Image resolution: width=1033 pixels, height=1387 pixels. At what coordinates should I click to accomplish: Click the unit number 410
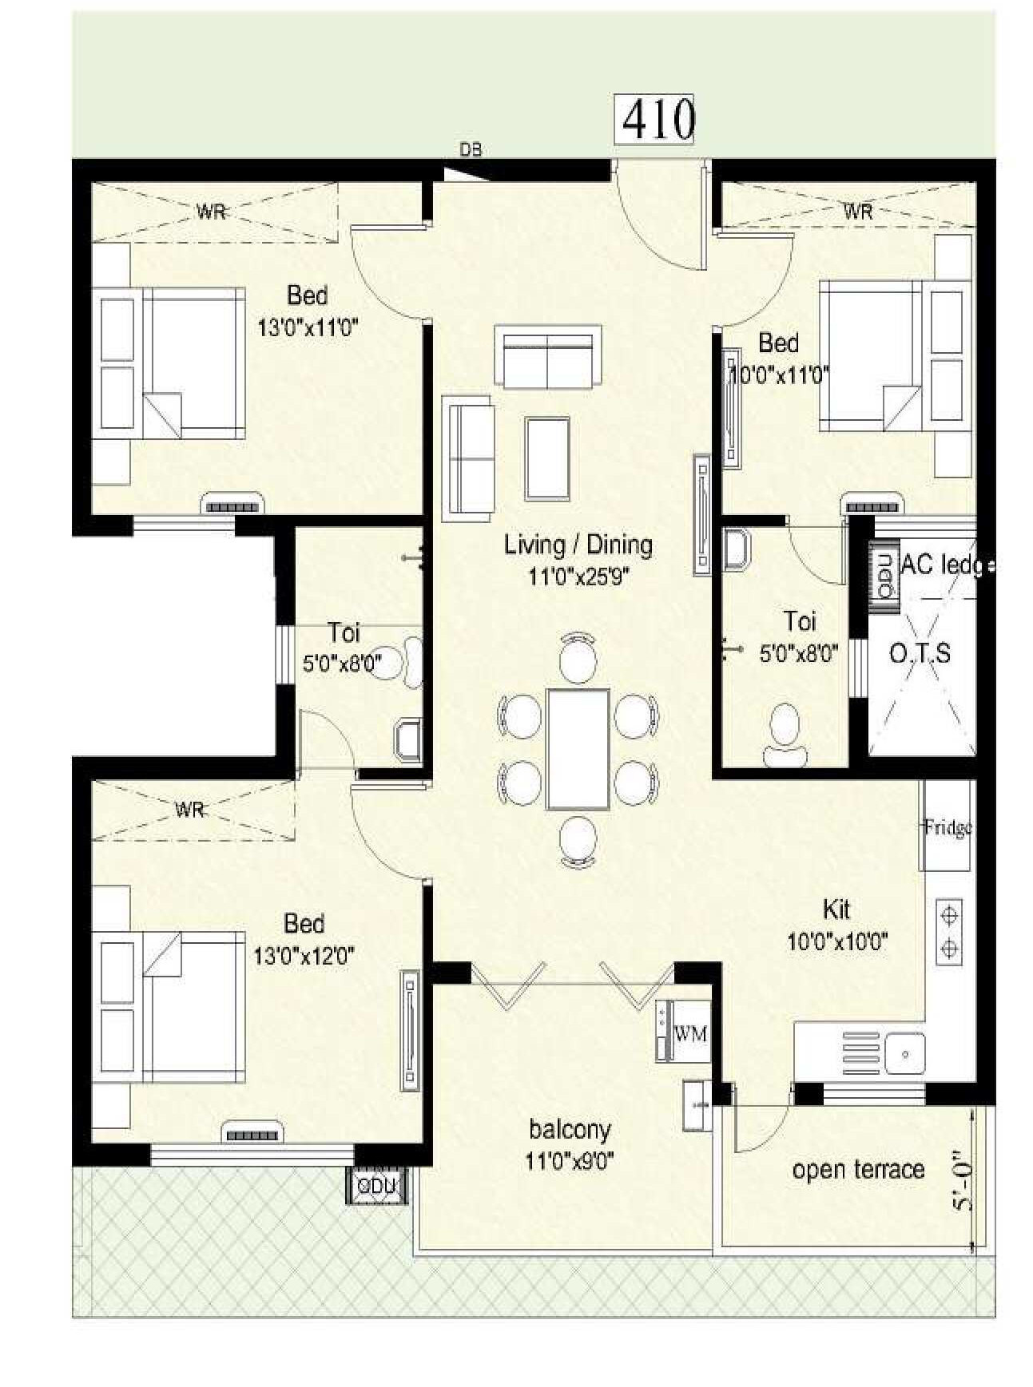click(658, 120)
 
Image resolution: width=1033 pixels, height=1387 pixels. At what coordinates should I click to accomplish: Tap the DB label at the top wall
click(470, 149)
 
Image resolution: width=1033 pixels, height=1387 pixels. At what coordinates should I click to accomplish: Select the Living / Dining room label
click(578, 545)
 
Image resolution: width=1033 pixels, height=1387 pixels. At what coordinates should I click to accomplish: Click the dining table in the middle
click(578, 749)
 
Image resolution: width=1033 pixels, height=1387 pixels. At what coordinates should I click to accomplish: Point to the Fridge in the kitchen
click(948, 826)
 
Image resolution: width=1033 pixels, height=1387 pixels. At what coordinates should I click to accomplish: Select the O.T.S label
click(920, 654)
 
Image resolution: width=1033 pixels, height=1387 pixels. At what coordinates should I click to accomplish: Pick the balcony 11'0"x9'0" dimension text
click(569, 1160)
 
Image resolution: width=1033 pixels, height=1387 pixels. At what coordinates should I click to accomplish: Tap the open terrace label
click(858, 1170)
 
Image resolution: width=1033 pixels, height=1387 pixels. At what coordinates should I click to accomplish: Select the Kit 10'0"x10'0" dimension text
click(837, 941)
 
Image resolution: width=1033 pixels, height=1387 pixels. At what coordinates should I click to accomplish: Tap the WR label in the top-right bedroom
click(858, 212)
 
